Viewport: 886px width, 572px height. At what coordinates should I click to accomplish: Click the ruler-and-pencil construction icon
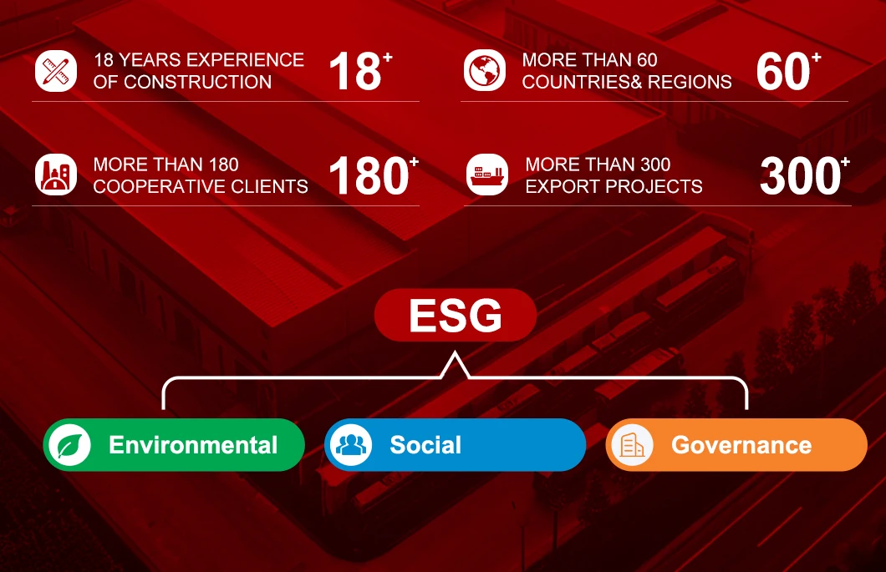click(x=56, y=71)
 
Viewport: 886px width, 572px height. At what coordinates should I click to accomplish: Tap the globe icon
click(x=484, y=71)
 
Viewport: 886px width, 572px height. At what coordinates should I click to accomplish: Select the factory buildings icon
click(x=56, y=175)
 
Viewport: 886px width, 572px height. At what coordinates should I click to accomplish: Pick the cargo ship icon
click(x=487, y=175)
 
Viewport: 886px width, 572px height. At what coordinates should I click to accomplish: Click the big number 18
click(x=355, y=72)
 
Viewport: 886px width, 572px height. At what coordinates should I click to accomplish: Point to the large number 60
click(x=783, y=72)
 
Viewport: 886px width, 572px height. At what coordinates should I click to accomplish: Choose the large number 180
click(x=369, y=175)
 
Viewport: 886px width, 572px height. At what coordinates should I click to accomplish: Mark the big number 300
click(x=800, y=175)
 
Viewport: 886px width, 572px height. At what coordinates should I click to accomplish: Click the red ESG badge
click(x=456, y=315)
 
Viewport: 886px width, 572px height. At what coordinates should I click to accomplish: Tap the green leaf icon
click(x=69, y=445)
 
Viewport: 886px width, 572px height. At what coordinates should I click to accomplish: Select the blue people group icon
click(x=351, y=445)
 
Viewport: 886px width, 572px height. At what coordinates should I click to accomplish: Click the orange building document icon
click(x=632, y=445)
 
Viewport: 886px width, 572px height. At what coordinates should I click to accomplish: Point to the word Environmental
click(x=193, y=445)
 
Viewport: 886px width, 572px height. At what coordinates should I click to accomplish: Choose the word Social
click(x=425, y=445)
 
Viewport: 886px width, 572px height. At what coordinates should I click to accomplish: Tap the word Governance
click(x=741, y=446)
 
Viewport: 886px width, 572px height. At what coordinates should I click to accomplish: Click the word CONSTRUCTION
click(x=198, y=82)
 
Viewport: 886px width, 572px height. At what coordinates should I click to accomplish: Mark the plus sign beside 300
click(x=845, y=162)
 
